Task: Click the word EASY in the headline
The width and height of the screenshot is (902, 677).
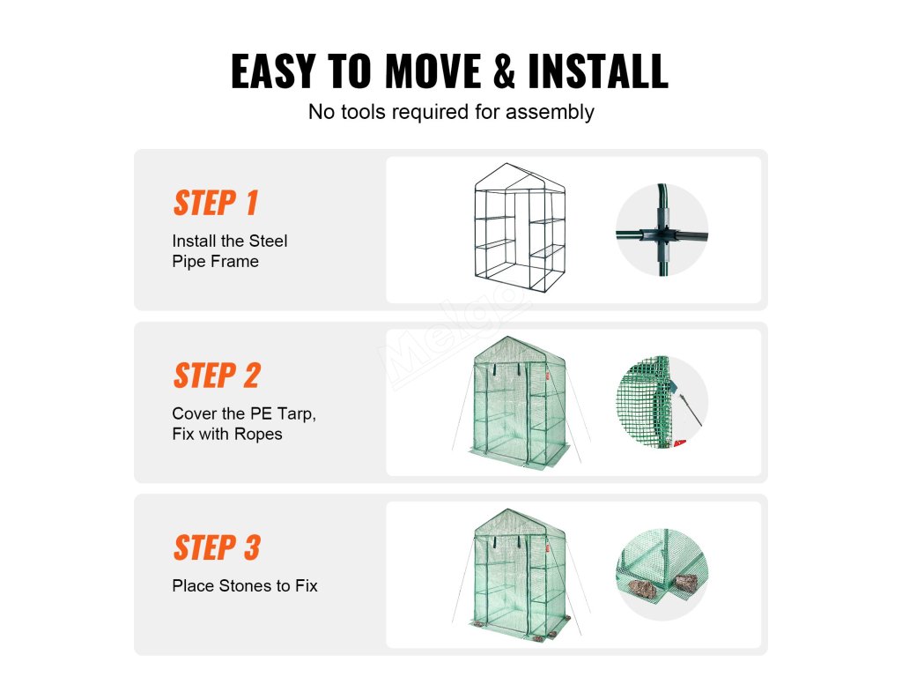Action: pos(273,71)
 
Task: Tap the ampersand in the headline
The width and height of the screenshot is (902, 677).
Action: pos(504,71)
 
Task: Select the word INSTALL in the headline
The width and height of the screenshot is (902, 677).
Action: pos(598,71)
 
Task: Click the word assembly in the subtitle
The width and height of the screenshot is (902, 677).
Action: pos(550,112)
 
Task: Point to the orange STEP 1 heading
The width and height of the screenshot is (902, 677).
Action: pos(216,203)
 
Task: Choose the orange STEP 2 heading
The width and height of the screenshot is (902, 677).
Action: pos(217,376)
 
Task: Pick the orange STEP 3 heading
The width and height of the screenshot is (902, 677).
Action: pos(217,547)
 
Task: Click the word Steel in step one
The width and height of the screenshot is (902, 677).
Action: pos(268,241)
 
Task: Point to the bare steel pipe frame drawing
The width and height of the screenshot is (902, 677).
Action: pos(520,228)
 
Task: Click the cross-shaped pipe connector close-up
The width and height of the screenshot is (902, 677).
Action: pos(662,230)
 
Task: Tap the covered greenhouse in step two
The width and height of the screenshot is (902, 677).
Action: pos(520,401)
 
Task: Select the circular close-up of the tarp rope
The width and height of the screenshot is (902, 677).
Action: pos(662,402)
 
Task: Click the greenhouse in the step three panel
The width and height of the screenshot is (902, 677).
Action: pos(520,575)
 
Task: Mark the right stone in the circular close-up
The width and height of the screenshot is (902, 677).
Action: pos(685,583)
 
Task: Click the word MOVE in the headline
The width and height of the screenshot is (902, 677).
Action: pos(433,71)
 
